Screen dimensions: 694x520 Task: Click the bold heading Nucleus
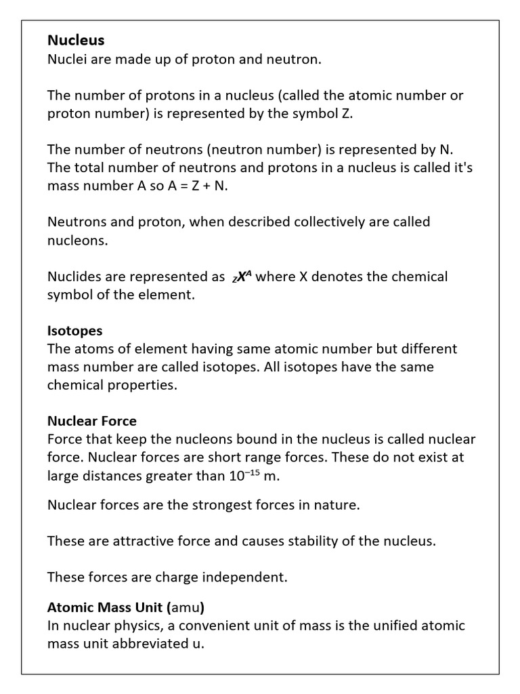(x=76, y=41)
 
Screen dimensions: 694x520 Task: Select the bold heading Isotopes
(x=74, y=331)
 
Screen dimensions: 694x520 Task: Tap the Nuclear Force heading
(x=91, y=421)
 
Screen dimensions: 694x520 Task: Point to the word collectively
(x=311, y=222)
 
